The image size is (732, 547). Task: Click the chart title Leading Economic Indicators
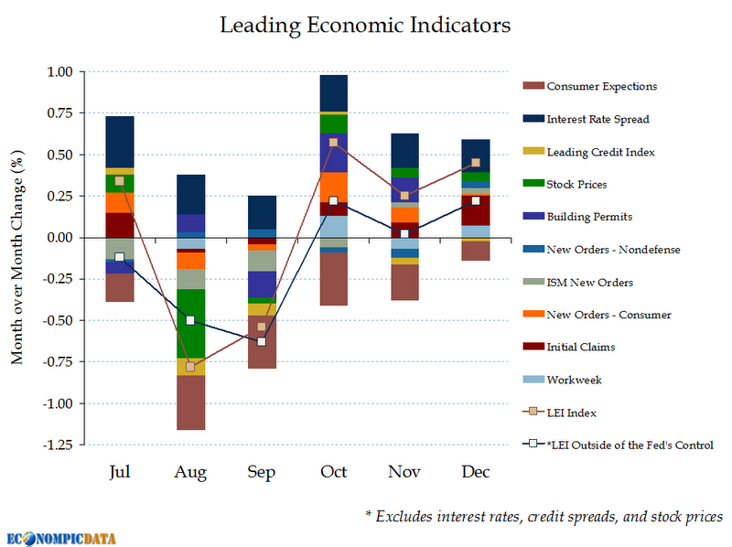(365, 25)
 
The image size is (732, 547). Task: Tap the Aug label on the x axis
(190, 472)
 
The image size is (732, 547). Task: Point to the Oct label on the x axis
(333, 472)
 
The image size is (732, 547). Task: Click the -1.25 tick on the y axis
(57, 445)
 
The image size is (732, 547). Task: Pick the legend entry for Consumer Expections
(601, 86)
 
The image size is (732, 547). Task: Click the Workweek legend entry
(574, 380)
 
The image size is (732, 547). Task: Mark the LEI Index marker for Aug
(190, 367)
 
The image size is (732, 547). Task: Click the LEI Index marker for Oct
(333, 143)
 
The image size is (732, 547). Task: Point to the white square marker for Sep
(262, 341)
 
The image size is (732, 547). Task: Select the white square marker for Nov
(404, 234)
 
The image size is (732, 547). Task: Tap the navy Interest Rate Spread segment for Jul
(120, 142)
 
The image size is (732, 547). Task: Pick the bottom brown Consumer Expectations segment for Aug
(190, 402)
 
